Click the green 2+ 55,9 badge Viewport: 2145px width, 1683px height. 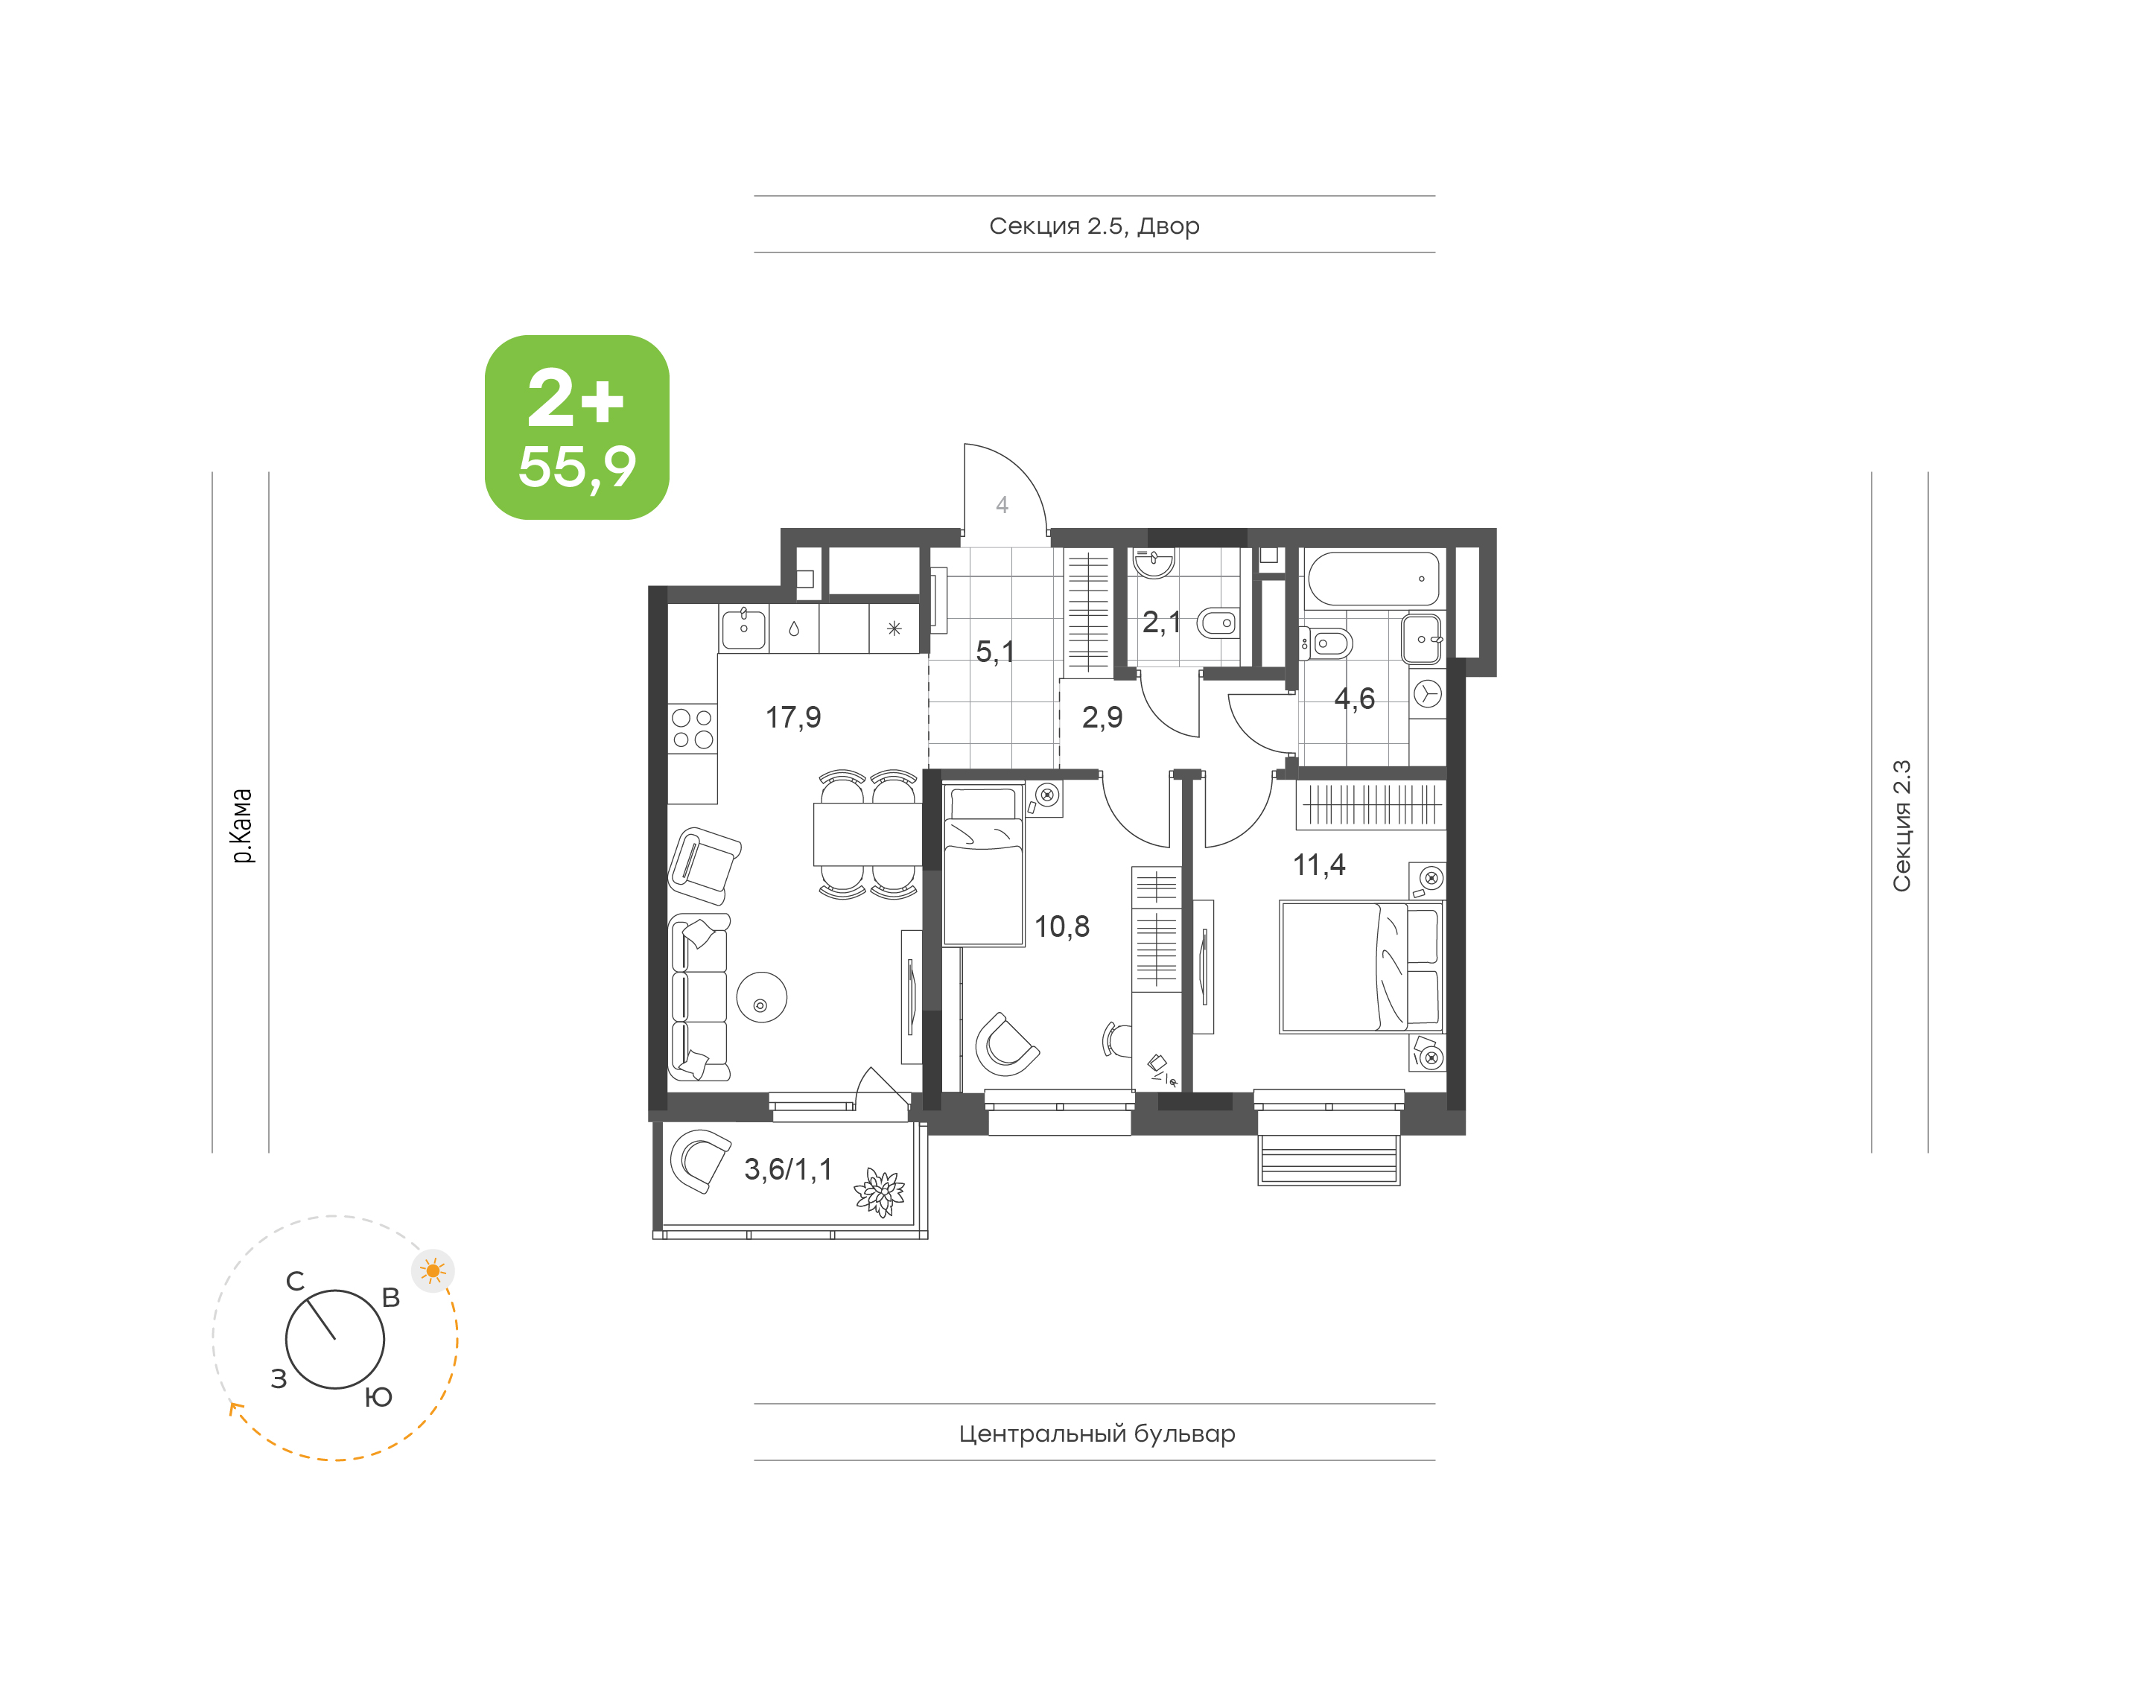click(576, 427)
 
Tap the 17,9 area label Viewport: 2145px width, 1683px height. click(793, 717)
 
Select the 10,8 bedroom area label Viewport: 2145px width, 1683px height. click(1062, 926)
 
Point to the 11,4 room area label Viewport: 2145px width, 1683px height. click(1318, 865)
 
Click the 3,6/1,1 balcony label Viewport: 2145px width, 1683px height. click(788, 1170)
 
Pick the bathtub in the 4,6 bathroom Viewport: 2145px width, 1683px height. click(1373, 579)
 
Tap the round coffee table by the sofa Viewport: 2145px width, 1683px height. click(762, 997)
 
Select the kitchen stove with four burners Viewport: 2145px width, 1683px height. click(693, 729)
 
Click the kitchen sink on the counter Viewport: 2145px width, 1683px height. click(744, 629)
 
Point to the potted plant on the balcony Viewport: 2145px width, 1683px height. click(879, 1192)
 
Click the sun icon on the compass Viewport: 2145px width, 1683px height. click(433, 1271)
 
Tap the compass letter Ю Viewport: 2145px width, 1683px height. click(378, 1397)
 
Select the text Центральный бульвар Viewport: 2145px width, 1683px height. click(1096, 1434)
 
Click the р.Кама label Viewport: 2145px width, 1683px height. click(241, 826)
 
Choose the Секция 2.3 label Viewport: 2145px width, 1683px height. click(1901, 826)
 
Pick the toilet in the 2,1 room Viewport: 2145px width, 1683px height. click(1217, 623)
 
